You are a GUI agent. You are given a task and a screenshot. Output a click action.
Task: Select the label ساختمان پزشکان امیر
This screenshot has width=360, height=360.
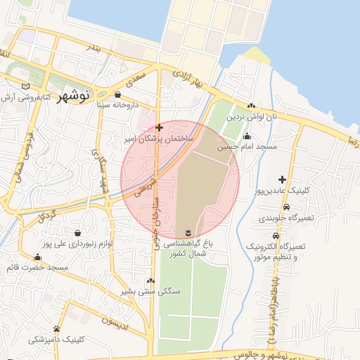[160, 139]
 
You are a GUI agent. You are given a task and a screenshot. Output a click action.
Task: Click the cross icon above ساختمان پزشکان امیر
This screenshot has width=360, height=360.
[160, 128]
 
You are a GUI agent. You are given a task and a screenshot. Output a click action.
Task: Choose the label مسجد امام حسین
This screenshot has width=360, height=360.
[247, 148]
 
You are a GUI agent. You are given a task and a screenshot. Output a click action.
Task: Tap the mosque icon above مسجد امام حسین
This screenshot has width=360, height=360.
[247, 136]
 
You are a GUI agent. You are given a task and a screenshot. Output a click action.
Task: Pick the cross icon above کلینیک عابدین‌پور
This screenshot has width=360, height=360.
[283, 179]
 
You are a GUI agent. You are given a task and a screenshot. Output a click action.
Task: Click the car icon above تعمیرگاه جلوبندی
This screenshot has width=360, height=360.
[287, 207]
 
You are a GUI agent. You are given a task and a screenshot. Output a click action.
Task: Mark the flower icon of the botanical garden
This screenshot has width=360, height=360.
[188, 232]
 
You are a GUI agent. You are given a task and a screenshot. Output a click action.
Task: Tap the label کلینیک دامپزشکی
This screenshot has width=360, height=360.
[56, 340]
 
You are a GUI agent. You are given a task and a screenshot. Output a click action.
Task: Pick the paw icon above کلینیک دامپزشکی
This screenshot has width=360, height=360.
[56, 328]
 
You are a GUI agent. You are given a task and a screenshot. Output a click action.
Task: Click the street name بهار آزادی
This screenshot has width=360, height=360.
[193, 79]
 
